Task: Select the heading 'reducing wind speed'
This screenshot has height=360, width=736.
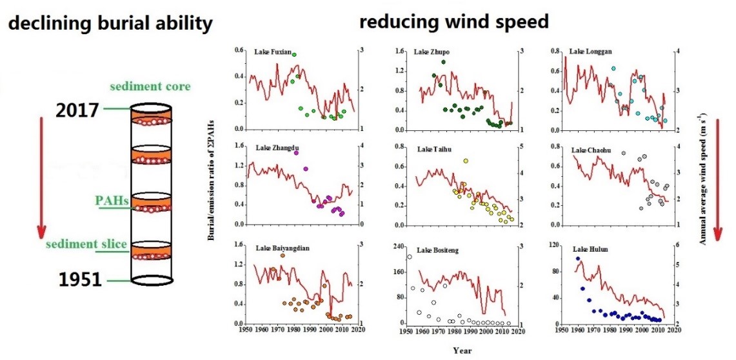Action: pyautogui.click(x=453, y=22)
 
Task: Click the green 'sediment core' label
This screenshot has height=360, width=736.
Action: pyautogui.click(x=150, y=86)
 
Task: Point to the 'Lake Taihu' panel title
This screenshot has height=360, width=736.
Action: pyautogui.click(x=434, y=150)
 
